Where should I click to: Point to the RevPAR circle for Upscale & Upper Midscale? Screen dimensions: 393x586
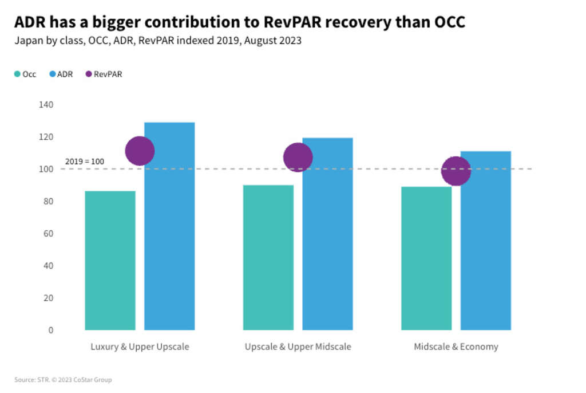pos(298,158)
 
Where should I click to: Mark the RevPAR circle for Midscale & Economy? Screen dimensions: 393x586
pos(456,171)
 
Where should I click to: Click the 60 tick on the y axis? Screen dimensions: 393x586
pos(49,234)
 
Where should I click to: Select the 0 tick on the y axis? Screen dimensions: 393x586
pos(50,330)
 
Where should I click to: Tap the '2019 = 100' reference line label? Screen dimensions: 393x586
pos(85,162)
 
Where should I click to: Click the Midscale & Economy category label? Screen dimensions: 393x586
pos(456,347)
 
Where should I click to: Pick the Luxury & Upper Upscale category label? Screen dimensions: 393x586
pos(140,347)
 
